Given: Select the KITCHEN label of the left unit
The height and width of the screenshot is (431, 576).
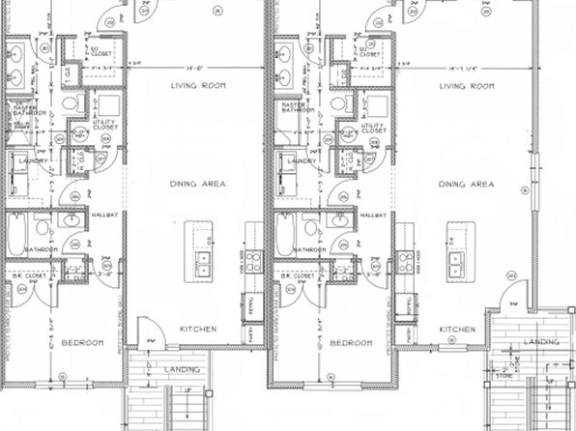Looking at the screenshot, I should [x=197, y=329].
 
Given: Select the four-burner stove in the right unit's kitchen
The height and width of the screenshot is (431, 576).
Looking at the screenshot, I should [x=404, y=261].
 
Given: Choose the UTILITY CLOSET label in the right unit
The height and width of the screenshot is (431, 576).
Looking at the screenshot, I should [x=373, y=128].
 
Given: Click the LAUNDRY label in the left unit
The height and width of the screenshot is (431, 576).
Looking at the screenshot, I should [x=32, y=161].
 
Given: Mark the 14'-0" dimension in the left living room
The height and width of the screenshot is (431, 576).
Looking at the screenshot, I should [x=198, y=68].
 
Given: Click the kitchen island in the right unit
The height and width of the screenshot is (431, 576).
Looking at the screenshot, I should [x=457, y=250].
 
